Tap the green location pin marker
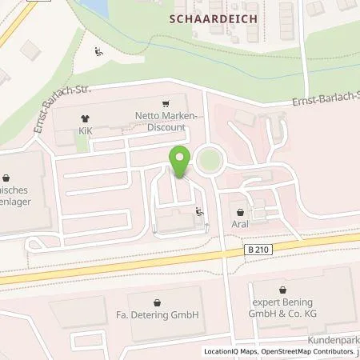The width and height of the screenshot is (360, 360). pyautogui.click(x=181, y=162)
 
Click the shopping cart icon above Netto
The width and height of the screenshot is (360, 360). pyautogui.click(x=166, y=103)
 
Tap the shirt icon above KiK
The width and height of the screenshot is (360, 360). pyautogui.click(x=83, y=114)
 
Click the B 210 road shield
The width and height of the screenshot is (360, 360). pyautogui.click(x=256, y=250)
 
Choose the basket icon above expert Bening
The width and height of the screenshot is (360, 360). pyautogui.click(x=282, y=291)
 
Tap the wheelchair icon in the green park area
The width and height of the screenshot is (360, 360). pyautogui.click(x=98, y=53)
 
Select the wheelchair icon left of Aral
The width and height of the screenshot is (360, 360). pyautogui.click(x=198, y=212)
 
